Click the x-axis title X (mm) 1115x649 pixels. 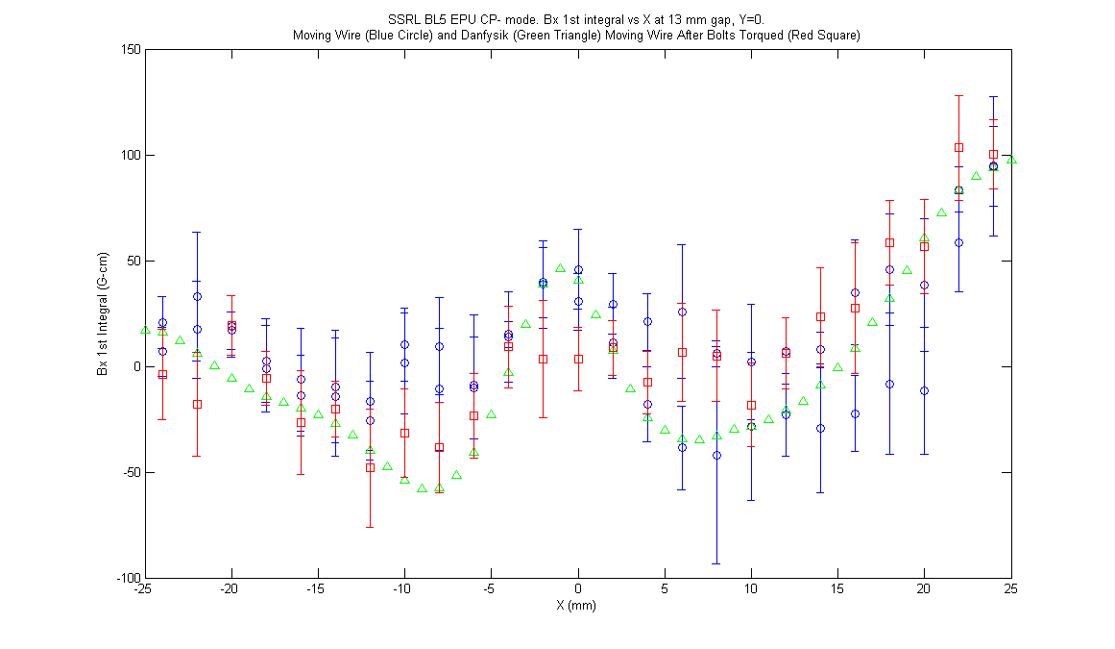(576, 606)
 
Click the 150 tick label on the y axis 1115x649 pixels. (132, 50)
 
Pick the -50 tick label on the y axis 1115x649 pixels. (132, 472)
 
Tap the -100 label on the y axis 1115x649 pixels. (130, 578)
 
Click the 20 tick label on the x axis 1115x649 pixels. (924, 589)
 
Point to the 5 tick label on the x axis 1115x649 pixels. (665, 589)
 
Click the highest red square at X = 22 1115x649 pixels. (958, 148)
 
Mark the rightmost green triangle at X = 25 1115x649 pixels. (1011, 160)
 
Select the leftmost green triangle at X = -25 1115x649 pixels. (145, 330)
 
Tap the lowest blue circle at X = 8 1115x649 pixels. (716, 456)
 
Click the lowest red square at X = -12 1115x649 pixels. (370, 468)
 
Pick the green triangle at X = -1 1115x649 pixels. (560, 268)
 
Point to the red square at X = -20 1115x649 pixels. (231, 326)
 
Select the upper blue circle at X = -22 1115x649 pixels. (197, 297)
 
